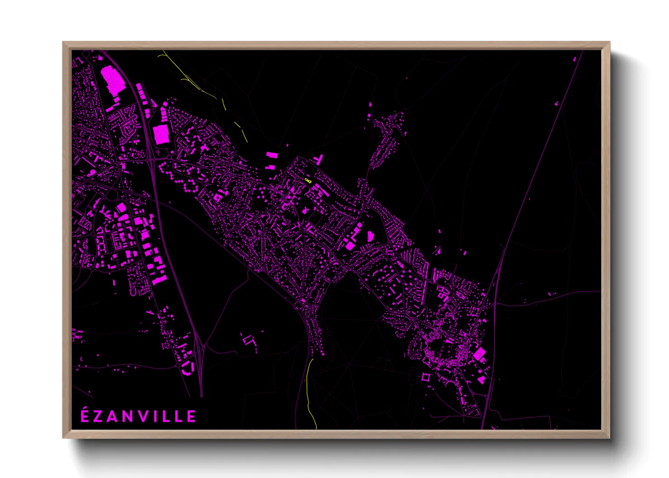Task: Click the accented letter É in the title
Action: [85, 416]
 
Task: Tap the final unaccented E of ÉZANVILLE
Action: [191, 417]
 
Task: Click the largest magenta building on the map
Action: [113, 80]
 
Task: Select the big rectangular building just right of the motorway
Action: [160, 134]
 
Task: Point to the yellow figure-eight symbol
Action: [308, 181]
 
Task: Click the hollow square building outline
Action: [425, 376]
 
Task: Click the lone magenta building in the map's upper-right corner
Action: [575, 59]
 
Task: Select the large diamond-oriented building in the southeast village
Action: [479, 354]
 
